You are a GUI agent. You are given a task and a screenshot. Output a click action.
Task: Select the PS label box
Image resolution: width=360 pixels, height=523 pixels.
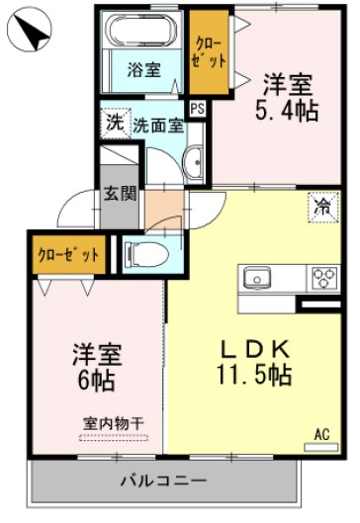click(198, 110)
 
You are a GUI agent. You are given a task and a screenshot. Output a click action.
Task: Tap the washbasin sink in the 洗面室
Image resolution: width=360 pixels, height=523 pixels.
click(195, 157)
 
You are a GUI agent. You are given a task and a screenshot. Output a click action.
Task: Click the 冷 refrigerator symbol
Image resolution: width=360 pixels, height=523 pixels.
click(322, 208)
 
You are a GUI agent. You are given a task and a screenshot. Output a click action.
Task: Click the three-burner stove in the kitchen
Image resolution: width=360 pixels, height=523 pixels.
click(323, 278)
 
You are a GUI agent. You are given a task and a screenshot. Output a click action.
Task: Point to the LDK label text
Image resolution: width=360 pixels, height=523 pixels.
click(253, 349)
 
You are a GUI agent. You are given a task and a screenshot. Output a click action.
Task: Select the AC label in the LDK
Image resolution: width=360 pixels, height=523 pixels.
click(321, 433)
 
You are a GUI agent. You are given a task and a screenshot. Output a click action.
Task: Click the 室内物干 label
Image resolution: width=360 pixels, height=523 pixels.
click(113, 423)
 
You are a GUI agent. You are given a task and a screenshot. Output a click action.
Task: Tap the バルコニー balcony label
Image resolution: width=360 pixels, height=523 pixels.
click(163, 480)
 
